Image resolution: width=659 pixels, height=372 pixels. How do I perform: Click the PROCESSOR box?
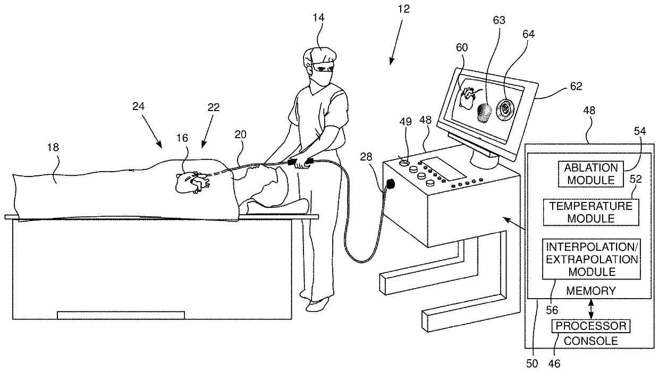tap(591, 326)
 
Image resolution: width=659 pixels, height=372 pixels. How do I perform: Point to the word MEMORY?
tap(590, 291)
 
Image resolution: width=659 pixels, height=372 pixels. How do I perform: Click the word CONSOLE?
tap(591, 340)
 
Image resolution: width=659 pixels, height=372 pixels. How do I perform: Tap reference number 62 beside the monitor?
tap(576, 86)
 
